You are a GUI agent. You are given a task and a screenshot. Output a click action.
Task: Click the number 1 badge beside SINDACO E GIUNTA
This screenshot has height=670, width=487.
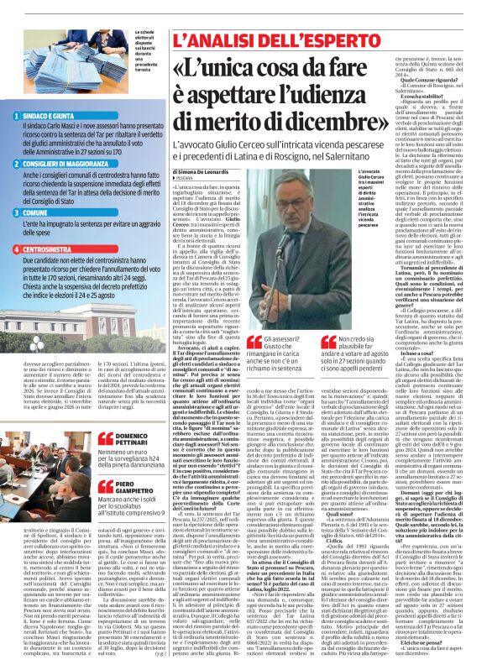pos(18,115)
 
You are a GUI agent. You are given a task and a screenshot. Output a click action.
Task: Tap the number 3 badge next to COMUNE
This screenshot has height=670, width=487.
pos(18,213)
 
